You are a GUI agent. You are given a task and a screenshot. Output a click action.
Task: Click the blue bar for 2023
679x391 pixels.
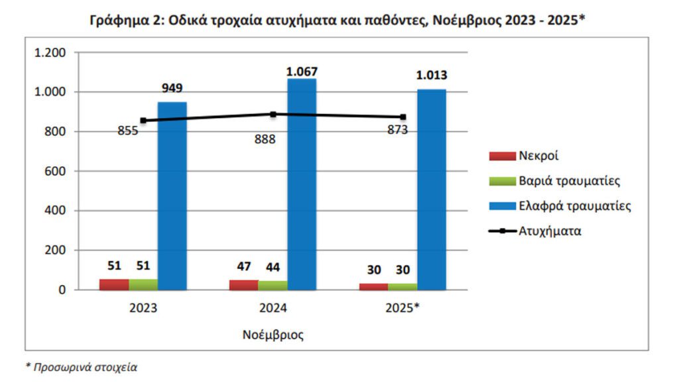[172, 195]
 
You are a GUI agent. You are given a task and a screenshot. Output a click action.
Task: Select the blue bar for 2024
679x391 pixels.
[302, 184]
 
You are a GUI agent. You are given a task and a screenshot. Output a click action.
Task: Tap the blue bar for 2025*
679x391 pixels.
[431, 190]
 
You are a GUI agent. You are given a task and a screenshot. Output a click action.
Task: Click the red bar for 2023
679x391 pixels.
[114, 284]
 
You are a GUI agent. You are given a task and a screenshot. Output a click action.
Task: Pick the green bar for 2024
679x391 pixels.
[273, 285]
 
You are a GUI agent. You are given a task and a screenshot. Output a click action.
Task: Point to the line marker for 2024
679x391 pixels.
[273, 114]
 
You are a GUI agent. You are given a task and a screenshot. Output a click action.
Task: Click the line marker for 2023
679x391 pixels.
[143, 121]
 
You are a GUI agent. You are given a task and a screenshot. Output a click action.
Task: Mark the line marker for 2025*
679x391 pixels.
[403, 117]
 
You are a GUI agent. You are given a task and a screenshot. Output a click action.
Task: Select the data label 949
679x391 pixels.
[172, 88]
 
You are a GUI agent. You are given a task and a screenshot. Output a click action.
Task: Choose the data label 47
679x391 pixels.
[243, 266]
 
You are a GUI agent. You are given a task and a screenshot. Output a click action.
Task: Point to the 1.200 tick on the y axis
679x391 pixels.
[50, 52]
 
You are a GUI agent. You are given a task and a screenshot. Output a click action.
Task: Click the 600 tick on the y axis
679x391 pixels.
[56, 171]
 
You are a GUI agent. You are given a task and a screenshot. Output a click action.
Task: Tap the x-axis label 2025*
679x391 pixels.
[402, 308]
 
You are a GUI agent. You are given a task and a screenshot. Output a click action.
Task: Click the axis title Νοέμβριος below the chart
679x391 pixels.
[273, 335]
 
